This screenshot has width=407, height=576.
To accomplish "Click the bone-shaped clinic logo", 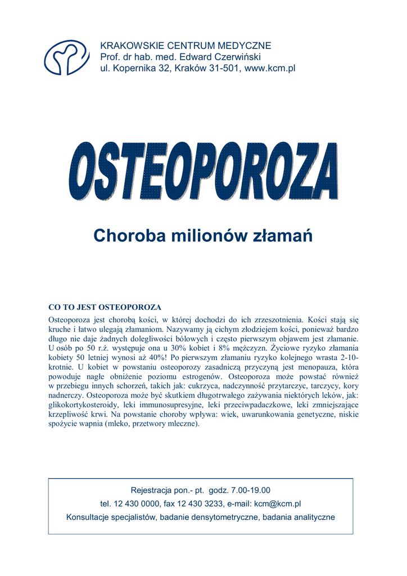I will [x=67, y=57].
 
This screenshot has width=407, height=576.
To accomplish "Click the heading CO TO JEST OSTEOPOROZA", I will [x=105, y=307].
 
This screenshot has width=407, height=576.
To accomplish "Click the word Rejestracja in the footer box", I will [x=152, y=490].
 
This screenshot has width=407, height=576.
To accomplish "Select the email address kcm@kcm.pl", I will [x=278, y=503].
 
